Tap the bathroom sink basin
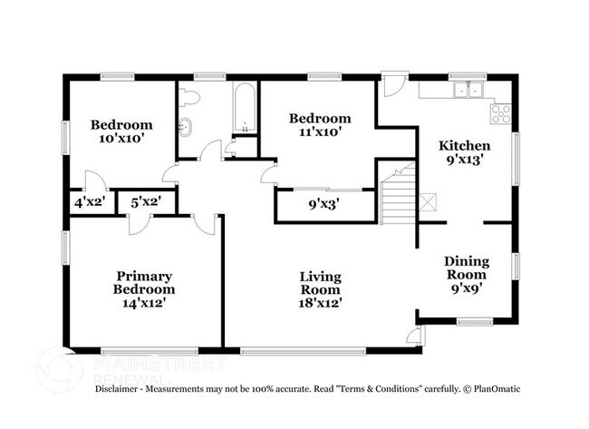coord(187,127)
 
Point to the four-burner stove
coord(500,113)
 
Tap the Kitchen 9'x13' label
coord(465,151)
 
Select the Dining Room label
coord(466,274)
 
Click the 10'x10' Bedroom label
coord(121,132)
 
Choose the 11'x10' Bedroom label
coord(319,125)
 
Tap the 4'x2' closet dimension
coord(91,202)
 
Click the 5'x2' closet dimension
coord(146,202)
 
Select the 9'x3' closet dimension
coord(323,204)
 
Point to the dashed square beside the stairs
coord(430,203)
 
